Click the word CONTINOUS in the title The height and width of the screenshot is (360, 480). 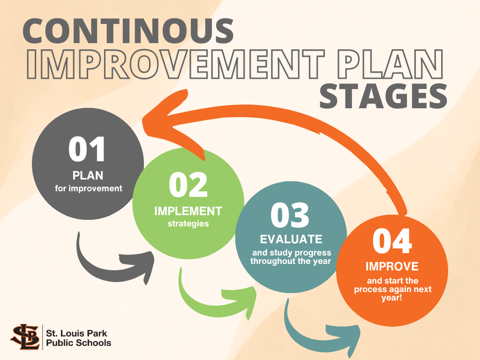[128, 31]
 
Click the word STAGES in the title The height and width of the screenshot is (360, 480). [383, 95]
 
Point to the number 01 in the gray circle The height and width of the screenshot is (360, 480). [87, 149]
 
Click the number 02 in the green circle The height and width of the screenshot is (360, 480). [188, 185]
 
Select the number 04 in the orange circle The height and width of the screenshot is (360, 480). [392, 241]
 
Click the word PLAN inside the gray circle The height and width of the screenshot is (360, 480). [88, 175]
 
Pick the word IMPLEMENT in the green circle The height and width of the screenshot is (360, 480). [188, 211]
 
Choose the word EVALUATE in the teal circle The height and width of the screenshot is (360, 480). [291, 239]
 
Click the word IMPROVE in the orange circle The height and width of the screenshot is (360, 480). [392, 266]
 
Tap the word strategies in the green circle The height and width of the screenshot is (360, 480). [188, 224]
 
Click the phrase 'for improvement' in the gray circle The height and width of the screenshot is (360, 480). [89, 188]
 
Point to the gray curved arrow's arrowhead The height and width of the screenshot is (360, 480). [139, 267]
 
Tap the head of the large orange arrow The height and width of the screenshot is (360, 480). [172, 122]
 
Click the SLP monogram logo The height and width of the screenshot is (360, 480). [25, 337]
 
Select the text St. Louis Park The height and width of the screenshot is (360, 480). [76, 333]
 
